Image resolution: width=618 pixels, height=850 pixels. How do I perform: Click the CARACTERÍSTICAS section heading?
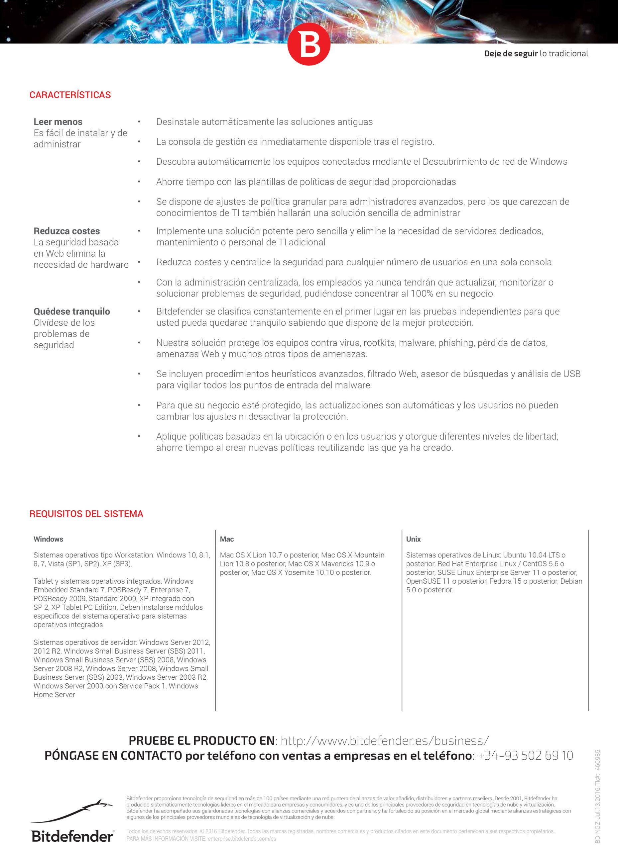pyautogui.click(x=70, y=95)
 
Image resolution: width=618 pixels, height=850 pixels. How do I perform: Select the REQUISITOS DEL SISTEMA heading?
pyautogui.click(x=86, y=514)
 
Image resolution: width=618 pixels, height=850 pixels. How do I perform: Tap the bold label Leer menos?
pyautogui.click(x=58, y=122)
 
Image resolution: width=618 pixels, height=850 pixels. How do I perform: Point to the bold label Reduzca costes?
pyautogui.click(x=67, y=231)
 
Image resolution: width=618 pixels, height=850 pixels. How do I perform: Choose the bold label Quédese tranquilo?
pyautogui.click(x=72, y=311)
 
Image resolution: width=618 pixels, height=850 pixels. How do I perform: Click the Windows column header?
pyautogui.click(x=49, y=539)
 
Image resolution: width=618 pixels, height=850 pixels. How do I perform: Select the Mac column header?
pyautogui.click(x=227, y=539)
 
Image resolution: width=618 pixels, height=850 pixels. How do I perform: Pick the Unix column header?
pyautogui.click(x=413, y=539)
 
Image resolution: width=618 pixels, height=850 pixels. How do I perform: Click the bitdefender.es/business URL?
pyautogui.click(x=385, y=740)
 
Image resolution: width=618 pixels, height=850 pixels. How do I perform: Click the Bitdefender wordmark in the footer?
pyautogui.click(x=72, y=836)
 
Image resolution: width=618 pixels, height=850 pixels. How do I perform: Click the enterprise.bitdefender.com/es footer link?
pyautogui.click(x=242, y=839)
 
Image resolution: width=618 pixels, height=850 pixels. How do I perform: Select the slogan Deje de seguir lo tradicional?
pyautogui.click(x=536, y=53)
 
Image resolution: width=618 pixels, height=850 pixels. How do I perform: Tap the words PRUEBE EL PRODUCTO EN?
pyautogui.click(x=202, y=740)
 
